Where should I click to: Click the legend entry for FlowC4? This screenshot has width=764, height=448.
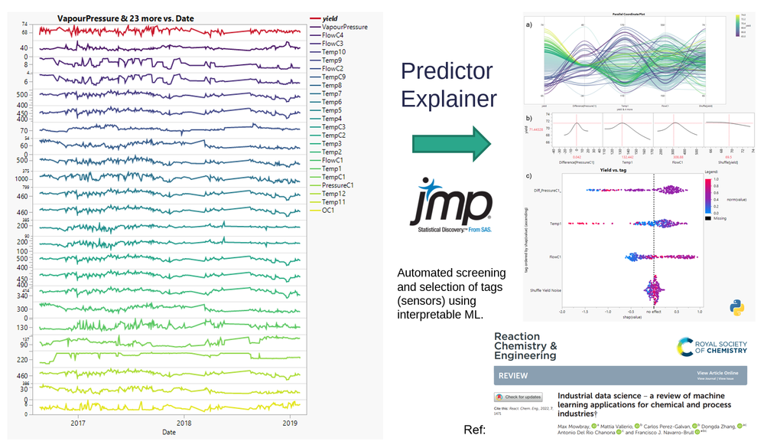coord(333,35)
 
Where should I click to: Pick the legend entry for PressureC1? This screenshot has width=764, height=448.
coord(337,185)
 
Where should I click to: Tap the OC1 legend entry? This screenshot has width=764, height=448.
coord(330,210)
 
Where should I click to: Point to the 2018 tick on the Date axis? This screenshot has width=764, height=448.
coord(184,423)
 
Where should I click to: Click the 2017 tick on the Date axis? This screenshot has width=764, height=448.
coord(78,423)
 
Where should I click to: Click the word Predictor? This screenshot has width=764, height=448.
coord(447,72)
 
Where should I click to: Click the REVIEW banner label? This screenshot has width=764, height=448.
coord(512,377)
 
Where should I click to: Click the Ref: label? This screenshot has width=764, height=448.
coord(474,429)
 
